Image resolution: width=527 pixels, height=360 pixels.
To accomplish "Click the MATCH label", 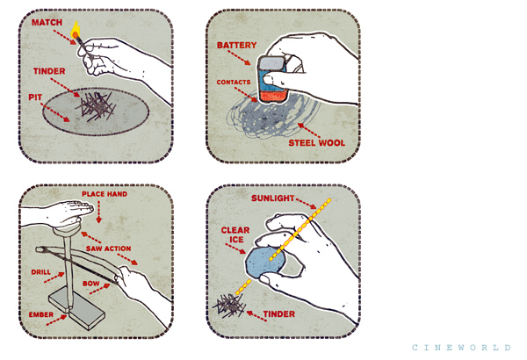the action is click(47, 23).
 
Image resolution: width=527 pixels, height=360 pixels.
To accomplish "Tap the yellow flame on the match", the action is click(76, 30).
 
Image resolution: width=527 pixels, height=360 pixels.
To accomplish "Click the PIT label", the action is click(35, 97).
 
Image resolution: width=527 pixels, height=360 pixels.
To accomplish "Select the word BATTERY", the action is click(236, 45).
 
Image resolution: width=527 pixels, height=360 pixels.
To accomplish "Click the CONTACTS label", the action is click(234, 82).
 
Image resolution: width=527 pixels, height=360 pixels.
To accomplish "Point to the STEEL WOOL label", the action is click(316, 143).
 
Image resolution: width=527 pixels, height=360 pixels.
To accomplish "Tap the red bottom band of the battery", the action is click(273, 96).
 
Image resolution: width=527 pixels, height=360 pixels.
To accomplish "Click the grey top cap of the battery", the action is click(271, 63).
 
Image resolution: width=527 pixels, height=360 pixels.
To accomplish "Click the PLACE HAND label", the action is click(105, 194).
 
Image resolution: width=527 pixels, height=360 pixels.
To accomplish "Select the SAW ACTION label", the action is click(109, 248).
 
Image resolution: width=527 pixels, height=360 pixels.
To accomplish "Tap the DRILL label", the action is click(41, 272).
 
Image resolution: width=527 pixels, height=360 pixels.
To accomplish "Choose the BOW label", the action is click(91, 284).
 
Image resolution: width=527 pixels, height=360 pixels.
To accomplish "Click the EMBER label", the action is click(41, 314).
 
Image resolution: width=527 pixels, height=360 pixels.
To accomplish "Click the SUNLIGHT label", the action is click(273, 198).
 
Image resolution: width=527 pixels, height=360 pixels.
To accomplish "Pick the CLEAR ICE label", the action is click(235, 235).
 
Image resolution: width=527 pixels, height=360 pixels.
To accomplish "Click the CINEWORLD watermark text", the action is click(461, 347).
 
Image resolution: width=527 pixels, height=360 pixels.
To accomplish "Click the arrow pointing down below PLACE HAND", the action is click(98, 212).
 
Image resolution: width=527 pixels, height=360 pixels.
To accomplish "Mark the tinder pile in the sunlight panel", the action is click(230, 306).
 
